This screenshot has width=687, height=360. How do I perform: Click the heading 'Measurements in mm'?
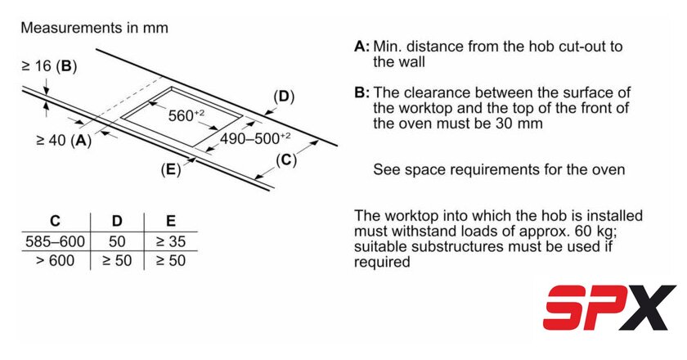coord(94,28)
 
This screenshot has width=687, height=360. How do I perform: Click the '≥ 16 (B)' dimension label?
coord(48,65)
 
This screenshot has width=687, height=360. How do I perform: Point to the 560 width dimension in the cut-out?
coord(186,115)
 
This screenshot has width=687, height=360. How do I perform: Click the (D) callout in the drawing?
coord(283,97)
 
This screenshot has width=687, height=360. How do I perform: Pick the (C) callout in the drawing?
coord(285,160)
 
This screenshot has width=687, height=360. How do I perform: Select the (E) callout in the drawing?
coord(170,169)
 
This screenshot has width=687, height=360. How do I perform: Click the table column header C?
coord(55,222)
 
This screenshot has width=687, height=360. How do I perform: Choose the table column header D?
coord(117,222)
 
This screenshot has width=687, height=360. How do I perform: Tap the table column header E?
coord(169,222)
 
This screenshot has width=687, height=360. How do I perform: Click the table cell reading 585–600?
coord(55,242)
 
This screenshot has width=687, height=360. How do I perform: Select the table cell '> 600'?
coord(55,261)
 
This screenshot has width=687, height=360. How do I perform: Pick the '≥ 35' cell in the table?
coord(169,242)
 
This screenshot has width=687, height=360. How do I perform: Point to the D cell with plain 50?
coord(117,242)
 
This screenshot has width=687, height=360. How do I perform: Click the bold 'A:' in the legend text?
coord(362,46)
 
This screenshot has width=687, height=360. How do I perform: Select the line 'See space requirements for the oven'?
coord(499,170)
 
